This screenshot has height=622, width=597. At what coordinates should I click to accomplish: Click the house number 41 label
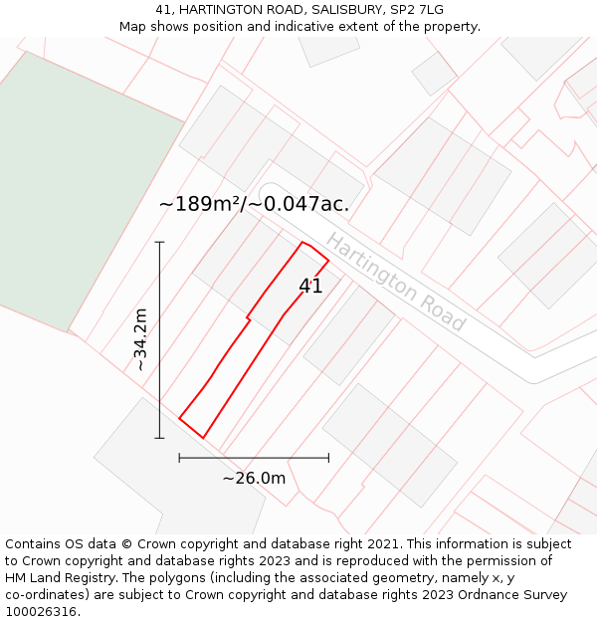pyautogui.click(x=310, y=287)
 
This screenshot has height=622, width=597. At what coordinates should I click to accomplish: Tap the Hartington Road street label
pyautogui.click(x=395, y=283)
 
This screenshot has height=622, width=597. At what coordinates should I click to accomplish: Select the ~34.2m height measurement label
pyautogui.click(x=141, y=339)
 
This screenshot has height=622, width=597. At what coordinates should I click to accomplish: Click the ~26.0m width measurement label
pyautogui.click(x=254, y=479)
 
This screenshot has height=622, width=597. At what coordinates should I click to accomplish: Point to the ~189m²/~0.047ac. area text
pyautogui.click(x=254, y=204)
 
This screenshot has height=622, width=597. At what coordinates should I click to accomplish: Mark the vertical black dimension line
pyautogui.click(x=159, y=338)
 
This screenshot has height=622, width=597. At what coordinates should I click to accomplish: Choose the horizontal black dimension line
pyautogui.click(x=254, y=458)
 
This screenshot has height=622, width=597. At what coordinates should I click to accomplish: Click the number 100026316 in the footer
pyautogui.click(x=42, y=612)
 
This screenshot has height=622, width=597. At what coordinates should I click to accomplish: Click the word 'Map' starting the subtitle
pyautogui.click(x=134, y=27)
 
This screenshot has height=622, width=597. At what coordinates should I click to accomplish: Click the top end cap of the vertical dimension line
pyautogui.click(x=159, y=242)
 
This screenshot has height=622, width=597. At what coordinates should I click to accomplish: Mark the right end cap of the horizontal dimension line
pyautogui.click(x=328, y=458)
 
